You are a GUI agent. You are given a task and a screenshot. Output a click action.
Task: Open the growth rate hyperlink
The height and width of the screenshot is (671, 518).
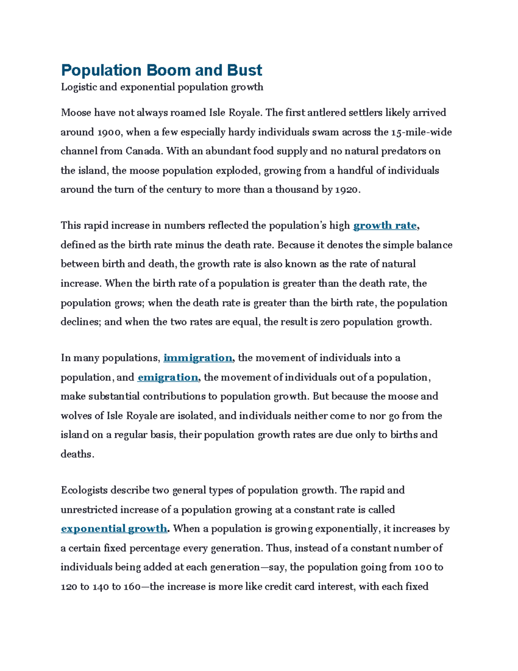385,226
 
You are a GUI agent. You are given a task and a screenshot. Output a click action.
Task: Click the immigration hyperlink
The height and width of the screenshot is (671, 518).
198,358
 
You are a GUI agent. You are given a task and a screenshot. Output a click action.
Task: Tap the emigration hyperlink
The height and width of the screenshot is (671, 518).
167,377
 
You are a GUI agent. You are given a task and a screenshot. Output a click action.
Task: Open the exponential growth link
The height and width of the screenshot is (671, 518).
114,528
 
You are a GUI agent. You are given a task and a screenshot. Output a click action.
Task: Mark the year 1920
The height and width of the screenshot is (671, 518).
346,190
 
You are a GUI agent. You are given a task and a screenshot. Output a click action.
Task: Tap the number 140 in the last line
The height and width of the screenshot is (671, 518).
100,587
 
